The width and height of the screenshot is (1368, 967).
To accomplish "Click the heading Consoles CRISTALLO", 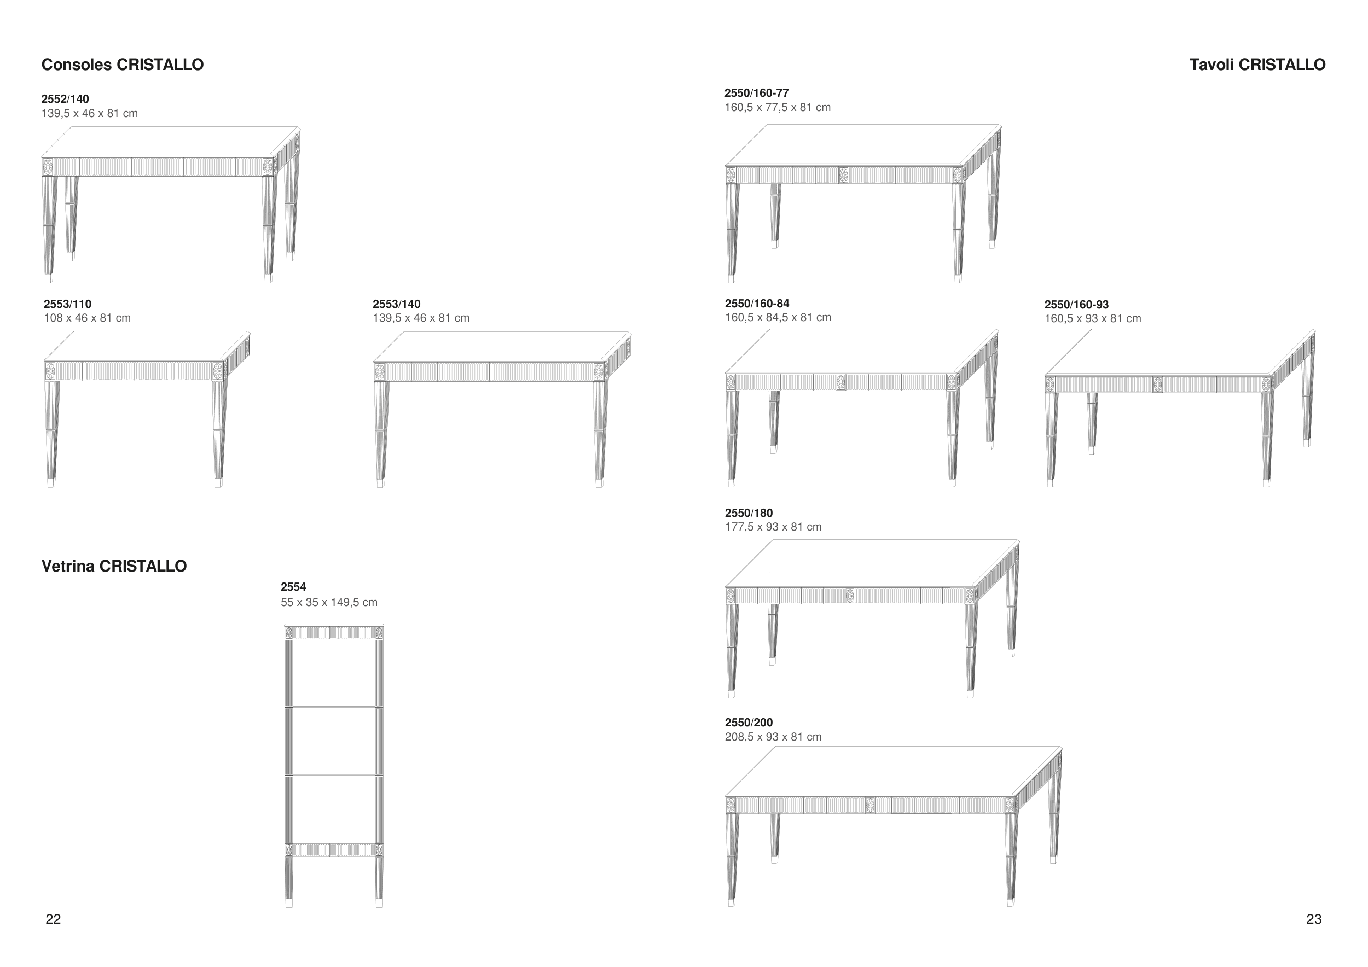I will (x=122, y=65).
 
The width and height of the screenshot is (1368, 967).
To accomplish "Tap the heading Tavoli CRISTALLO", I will (x=1257, y=65).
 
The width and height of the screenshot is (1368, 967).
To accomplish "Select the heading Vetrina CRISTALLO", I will (x=114, y=566).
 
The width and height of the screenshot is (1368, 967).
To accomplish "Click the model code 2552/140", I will (x=65, y=99).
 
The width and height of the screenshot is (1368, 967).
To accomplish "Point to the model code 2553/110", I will (x=67, y=304).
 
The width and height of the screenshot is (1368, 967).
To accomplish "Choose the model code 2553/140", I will (x=396, y=304).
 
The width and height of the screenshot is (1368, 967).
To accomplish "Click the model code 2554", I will (x=293, y=586).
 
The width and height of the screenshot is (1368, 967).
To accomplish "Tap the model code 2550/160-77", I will (x=756, y=93).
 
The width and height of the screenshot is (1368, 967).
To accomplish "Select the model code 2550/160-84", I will (x=757, y=303).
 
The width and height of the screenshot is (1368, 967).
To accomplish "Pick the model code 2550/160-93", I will (x=1076, y=304).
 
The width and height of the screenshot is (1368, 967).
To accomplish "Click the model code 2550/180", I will (x=749, y=512).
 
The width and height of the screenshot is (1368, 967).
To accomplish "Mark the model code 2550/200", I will (x=749, y=723).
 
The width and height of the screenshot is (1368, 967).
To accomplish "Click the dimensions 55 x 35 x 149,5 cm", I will (x=329, y=602).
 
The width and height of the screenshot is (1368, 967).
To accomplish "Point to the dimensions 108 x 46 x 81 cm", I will (x=87, y=318).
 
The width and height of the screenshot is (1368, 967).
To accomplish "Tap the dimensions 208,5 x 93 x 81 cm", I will (x=773, y=737).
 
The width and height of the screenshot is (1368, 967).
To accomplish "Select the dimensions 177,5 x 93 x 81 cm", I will (x=773, y=527).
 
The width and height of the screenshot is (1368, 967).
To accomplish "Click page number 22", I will (x=53, y=919).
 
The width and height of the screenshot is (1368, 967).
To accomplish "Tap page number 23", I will (x=1313, y=919).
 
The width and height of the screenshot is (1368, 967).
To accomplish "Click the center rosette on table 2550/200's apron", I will (x=870, y=805).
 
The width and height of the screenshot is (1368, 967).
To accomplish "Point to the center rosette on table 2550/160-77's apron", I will (x=844, y=174).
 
